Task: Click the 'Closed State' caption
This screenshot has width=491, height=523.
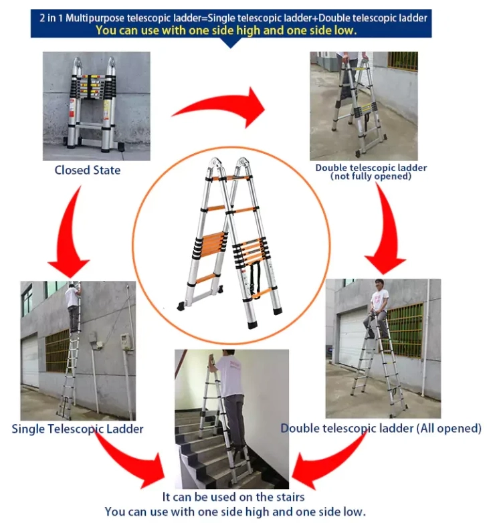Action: point(88,170)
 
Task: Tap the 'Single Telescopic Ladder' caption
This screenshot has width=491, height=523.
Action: point(78,428)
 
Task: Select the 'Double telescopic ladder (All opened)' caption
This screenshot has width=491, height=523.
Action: point(381,428)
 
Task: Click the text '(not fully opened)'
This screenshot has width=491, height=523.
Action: point(371,176)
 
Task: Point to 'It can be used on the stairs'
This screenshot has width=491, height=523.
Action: point(233,497)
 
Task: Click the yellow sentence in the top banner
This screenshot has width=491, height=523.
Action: point(225,30)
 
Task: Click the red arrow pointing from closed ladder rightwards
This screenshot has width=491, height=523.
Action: point(221,108)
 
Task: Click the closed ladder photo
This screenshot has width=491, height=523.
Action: point(96,106)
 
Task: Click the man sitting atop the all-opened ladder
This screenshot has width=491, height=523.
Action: point(379,304)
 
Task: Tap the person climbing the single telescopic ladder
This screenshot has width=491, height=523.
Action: point(73,304)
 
